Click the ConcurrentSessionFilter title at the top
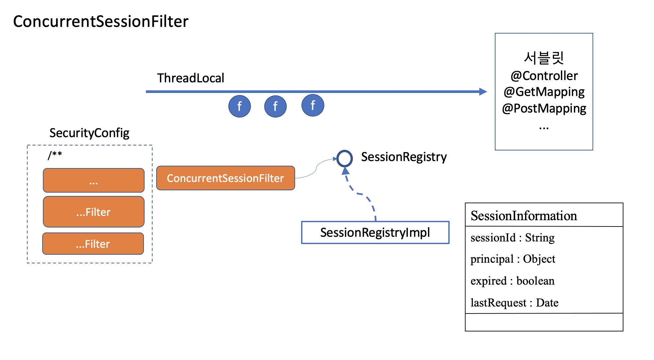point(101,22)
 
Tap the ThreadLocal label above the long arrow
point(191,78)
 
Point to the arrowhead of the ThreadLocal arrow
point(483,92)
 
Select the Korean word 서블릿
point(544,58)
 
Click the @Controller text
point(544,76)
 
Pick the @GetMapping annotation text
point(544,92)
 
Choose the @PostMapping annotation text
point(544,109)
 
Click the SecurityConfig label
point(89,133)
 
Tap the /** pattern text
point(55,155)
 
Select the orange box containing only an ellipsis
point(94,180)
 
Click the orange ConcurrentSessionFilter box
point(226,178)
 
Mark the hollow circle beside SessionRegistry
point(345,151)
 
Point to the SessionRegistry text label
point(404,157)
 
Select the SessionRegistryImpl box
point(375,232)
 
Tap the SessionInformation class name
point(524,216)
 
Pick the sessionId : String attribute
point(512,238)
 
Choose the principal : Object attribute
point(513,259)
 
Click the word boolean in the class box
point(535,281)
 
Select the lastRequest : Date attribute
point(514,303)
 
